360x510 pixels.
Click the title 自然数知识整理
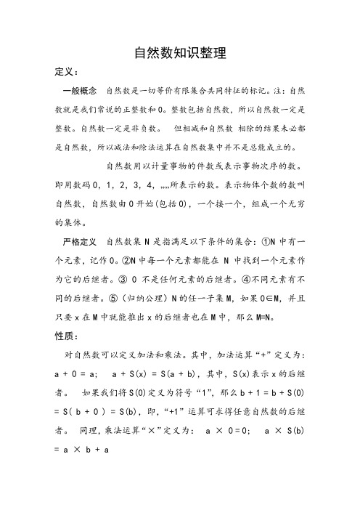click(180, 53)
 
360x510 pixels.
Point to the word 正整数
click(142, 112)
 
